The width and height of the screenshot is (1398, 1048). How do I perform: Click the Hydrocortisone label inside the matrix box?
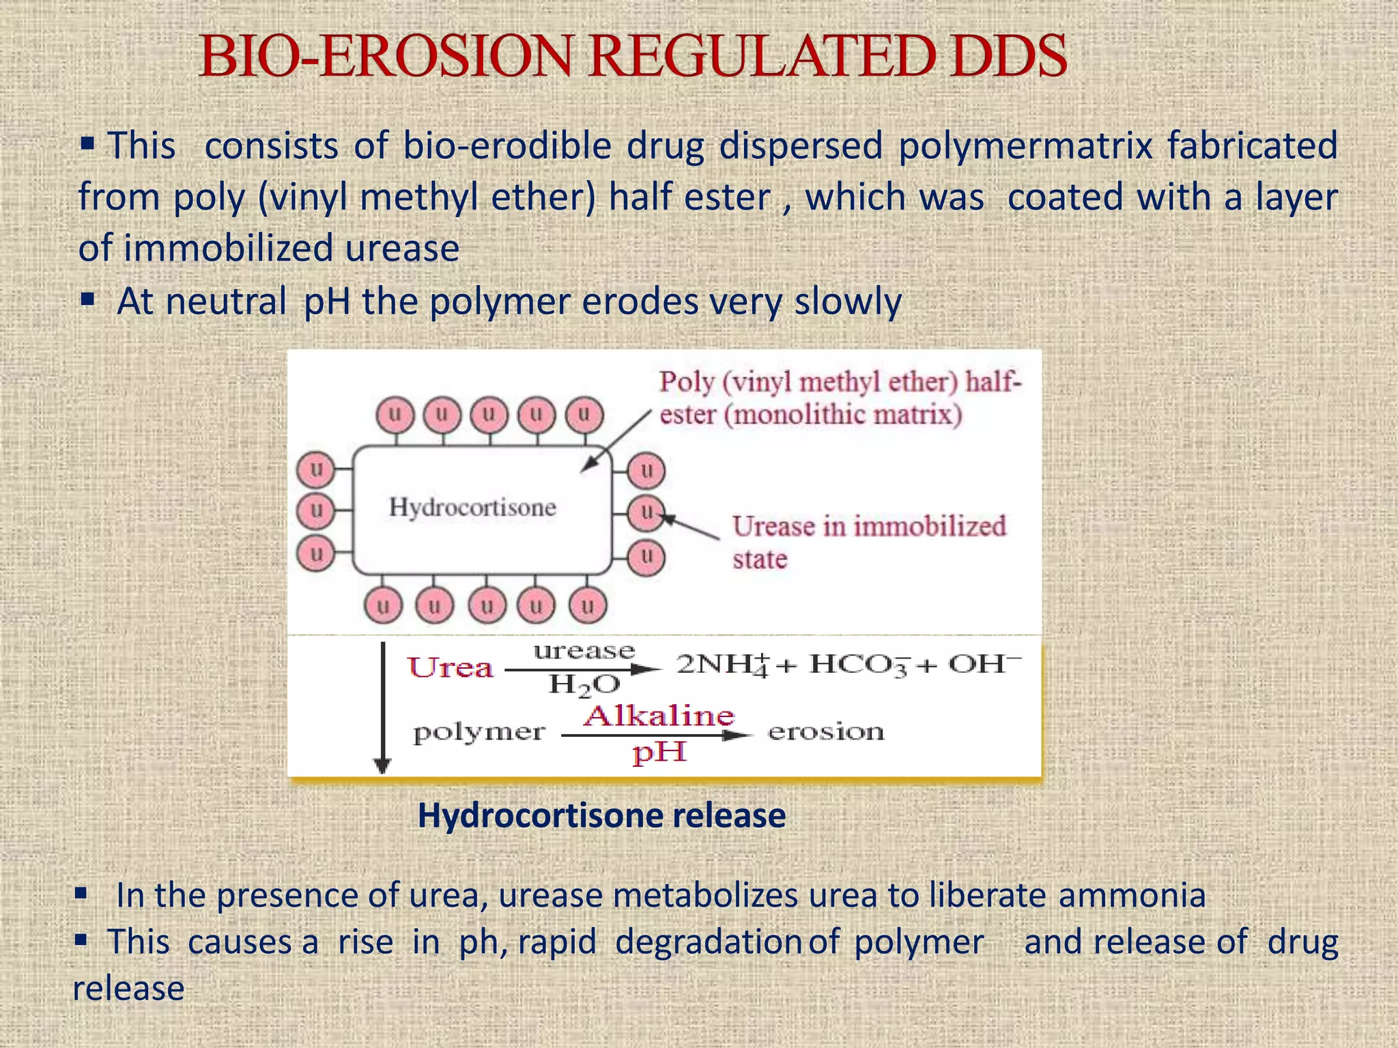pos(472,507)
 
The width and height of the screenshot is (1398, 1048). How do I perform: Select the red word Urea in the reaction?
pos(451,667)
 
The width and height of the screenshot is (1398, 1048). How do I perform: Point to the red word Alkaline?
pos(659,715)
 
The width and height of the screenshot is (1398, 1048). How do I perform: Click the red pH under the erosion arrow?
pos(659,753)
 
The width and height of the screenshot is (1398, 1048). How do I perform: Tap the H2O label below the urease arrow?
pos(584,684)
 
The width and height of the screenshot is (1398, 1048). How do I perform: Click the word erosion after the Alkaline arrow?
pos(826,732)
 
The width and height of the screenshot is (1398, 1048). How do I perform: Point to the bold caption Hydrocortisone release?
pos(601,815)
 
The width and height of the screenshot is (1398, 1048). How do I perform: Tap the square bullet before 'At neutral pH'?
pos(87,299)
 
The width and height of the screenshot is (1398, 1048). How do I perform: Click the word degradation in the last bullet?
pos(708,942)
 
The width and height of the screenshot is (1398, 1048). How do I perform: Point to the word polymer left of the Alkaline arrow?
pos(479,733)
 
